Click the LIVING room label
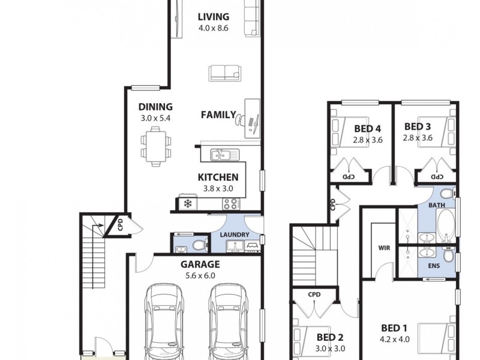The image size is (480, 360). [x=214, y=16]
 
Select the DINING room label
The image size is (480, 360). [x=155, y=107]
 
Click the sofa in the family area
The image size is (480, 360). [x=225, y=73]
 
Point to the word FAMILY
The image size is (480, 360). [x=218, y=115]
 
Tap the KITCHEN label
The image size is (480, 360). [x=218, y=177]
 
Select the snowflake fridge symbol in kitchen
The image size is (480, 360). [x=187, y=203]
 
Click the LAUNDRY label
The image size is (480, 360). [x=234, y=234]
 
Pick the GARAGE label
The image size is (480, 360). [x=200, y=264]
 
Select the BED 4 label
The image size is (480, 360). [x=368, y=128]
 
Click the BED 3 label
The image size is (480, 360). [x=418, y=127]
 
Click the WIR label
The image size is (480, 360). [x=385, y=247]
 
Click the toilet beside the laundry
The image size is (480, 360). [x=199, y=245]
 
